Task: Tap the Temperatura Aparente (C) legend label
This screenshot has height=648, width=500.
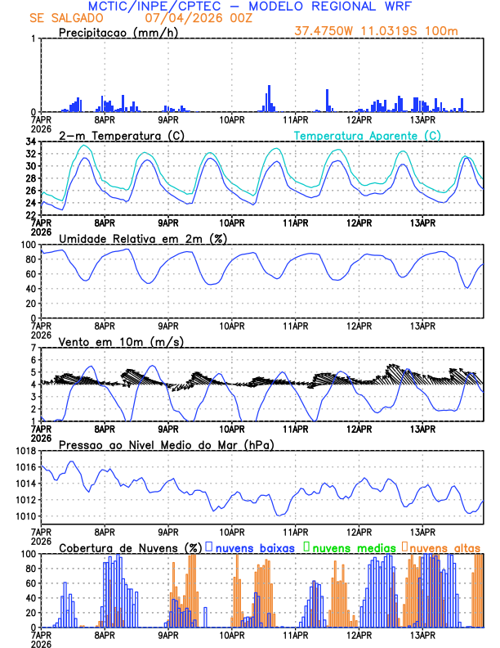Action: coord(368,135)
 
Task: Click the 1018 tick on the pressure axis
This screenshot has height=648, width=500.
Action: coord(25,451)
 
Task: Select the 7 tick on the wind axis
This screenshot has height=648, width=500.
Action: coord(33,348)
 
